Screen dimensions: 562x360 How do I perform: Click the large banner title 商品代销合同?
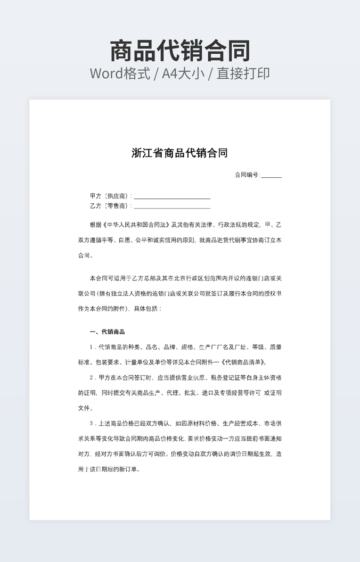180,51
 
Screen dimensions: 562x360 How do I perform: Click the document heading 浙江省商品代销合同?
179,153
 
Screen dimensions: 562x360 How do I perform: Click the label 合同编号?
247,175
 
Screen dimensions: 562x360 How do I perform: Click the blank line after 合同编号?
271,176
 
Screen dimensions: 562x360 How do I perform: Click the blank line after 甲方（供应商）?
172,196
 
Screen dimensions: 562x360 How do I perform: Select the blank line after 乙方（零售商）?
172,206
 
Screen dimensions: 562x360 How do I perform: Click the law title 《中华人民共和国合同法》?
135,225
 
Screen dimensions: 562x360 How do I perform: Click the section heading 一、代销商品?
108,332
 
